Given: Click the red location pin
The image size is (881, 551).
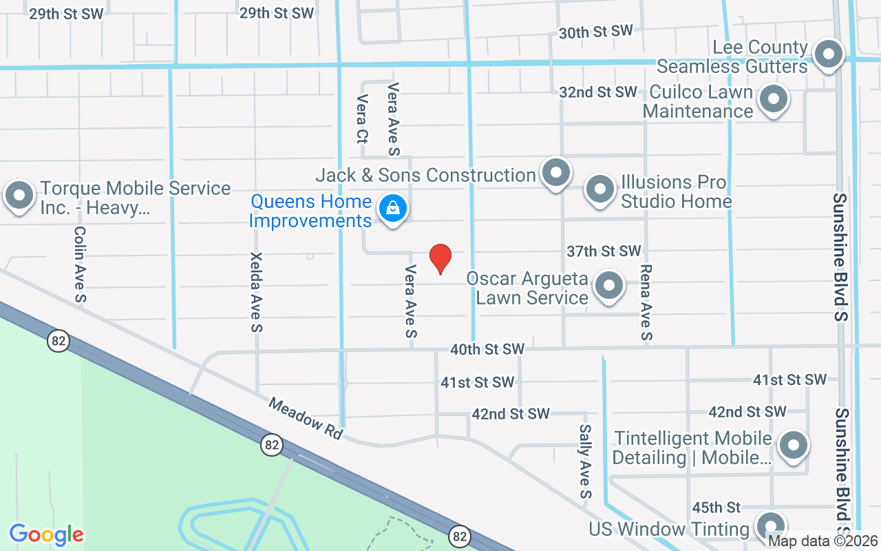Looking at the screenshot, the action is click(440, 258).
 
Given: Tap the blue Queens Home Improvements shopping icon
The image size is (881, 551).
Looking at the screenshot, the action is click(392, 208).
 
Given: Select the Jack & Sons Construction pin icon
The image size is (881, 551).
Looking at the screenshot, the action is click(556, 173).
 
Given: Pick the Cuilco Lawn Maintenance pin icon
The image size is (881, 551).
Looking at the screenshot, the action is click(774, 100).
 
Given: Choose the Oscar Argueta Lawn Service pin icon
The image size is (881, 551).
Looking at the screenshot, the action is click(608, 287).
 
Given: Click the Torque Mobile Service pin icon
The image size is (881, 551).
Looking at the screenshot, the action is click(19, 196).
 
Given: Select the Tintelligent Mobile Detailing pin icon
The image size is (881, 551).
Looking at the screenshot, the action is click(794, 445).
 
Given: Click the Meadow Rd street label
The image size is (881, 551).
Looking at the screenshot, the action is click(306, 418).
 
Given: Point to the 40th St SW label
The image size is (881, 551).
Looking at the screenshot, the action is click(487, 349).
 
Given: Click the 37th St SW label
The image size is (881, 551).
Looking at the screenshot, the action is click(604, 251).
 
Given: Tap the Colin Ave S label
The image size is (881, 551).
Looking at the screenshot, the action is click(80, 264).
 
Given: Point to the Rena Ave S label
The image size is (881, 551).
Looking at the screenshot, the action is click(646, 303).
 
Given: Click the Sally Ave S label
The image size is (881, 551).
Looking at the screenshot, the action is click(585, 461).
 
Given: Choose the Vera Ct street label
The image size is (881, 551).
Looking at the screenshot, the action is click(361, 119).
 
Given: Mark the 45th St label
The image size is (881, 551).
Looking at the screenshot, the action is click(716, 508).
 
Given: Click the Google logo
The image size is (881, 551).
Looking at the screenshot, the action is click(47, 534).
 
